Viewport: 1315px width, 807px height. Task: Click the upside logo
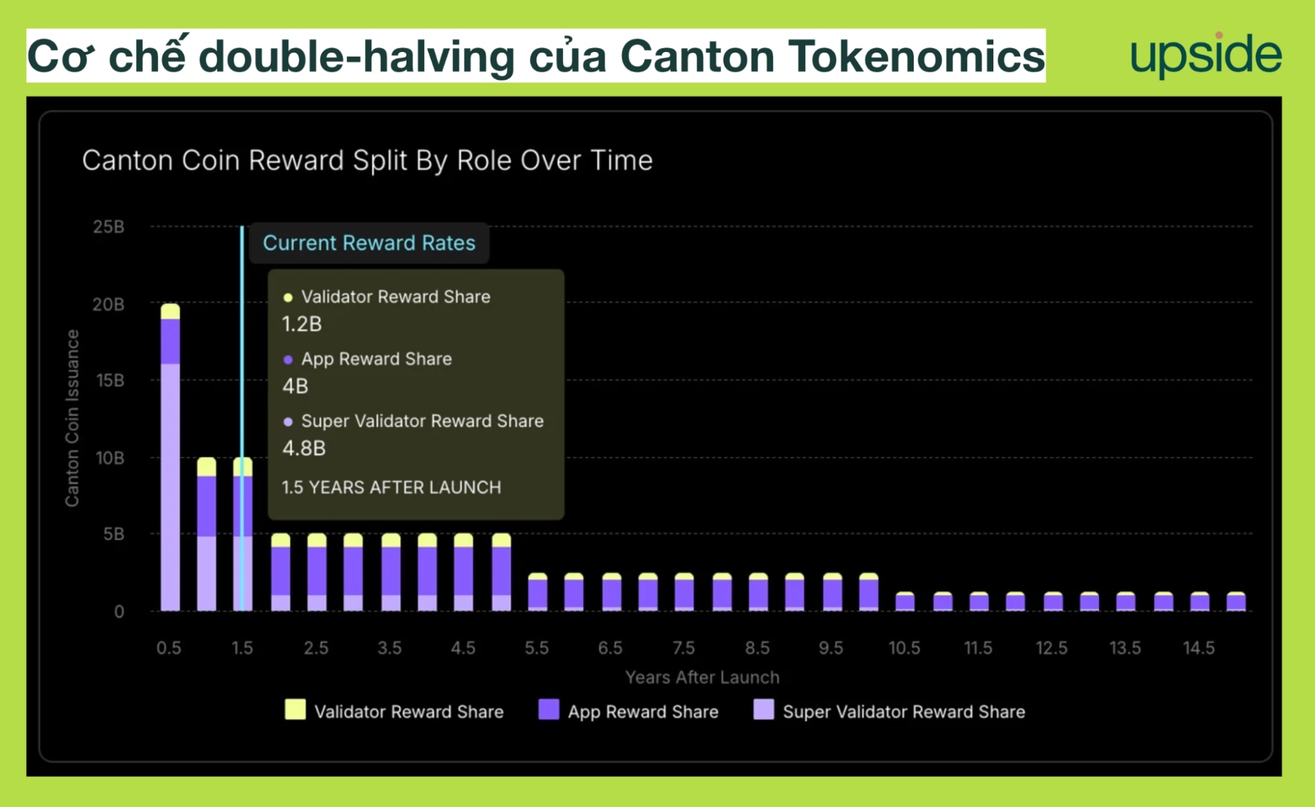coord(1206,55)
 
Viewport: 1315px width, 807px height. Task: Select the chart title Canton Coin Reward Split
coord(367,161)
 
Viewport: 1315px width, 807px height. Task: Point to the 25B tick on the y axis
coord(109,227)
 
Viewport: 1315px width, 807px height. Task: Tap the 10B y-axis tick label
coord(110,458)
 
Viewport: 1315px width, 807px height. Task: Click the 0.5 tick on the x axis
coord(169,648)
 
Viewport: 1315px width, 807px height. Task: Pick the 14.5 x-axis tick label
coord(1199,648)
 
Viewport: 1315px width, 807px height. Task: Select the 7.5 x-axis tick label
coord(683,648)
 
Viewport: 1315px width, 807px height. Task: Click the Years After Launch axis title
coord(702,677)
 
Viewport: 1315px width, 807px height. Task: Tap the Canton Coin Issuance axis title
coord(72,418)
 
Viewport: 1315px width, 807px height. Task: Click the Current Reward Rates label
coord(369,243)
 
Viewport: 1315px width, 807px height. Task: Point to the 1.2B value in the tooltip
coord(302,324)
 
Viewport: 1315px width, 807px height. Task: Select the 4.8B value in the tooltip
coord(304,448)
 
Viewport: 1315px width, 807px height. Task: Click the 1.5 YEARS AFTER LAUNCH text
coord(391,487)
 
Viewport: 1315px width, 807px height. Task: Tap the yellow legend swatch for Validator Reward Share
coord(295,710)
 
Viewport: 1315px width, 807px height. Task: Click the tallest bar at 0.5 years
coord(170,457)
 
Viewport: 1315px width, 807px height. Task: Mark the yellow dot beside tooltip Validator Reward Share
coord(288,298)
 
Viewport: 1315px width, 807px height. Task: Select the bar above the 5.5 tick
coord(537,592)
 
